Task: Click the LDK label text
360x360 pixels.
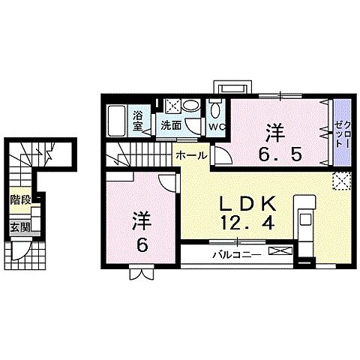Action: tap(240, 203)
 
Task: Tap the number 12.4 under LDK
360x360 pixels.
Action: tap(240, 223)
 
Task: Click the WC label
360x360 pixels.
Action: tap(217, 127)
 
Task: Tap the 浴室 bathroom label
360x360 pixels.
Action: tap(138, 121)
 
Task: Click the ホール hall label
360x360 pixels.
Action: tap(193, 155)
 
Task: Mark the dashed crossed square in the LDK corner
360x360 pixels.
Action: tap(342, 181)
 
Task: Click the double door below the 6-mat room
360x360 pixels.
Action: tap(140, 274)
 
